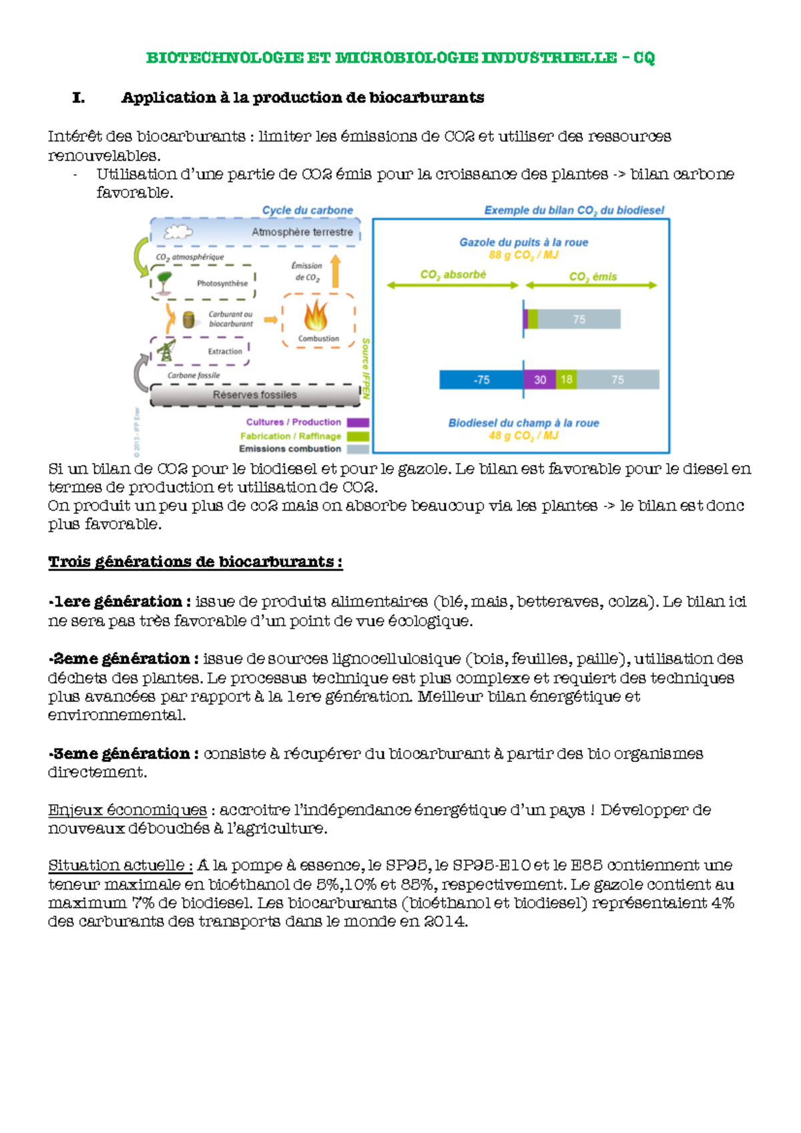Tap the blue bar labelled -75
coord(481,380)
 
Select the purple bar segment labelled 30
coord(539,380)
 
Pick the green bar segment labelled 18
coord(566,380)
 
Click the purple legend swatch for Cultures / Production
coord(358,422)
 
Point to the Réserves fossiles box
coord(255,395)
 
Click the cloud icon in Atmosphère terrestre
coord(178,232)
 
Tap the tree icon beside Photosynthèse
coord(164,282)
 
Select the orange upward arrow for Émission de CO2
coord(336,271)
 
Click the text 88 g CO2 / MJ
coord(523,256)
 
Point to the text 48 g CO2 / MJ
coord(523,436)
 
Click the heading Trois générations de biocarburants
coord(195,562)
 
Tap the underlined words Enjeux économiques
coord(127,810)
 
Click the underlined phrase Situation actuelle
coord(120,865)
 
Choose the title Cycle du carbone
coord(307,210)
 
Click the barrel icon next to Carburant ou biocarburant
coord(189,320)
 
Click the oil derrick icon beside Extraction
coord(166,350)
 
